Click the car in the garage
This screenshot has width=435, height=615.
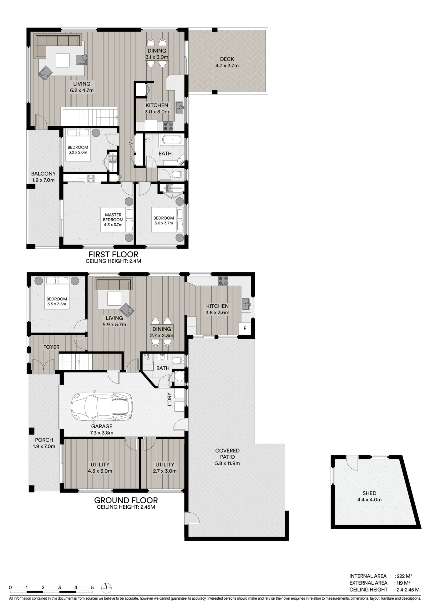point(102,407)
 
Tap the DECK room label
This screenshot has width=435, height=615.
point(227,59)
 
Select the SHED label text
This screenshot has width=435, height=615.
point(369,493)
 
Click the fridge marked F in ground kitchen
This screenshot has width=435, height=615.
point(245,328)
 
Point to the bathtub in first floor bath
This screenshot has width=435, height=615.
point(172,140)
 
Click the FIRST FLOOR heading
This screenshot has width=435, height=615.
point(113,254)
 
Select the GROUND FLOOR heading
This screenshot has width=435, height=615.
point(126,500)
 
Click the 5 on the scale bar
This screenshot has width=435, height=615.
point(92,587)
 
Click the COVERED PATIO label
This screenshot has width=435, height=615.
point(227,454)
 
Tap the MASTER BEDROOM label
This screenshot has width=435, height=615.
point(113,217)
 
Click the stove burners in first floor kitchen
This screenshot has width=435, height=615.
point(168,125)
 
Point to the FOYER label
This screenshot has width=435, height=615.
point(51,347)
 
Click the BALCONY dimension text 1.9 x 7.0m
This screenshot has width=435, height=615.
point(43,180)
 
